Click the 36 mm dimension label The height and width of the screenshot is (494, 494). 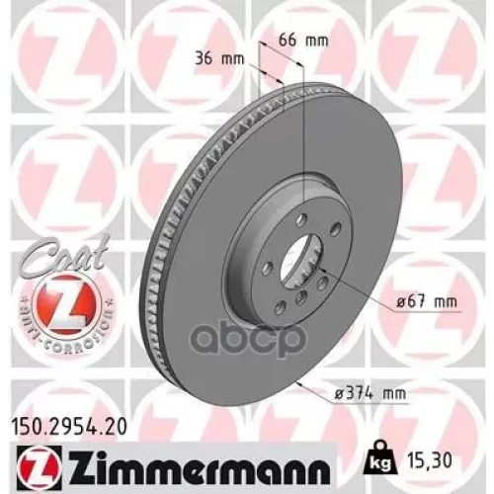(x=216, y=58)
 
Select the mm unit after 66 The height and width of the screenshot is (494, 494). (x=315, y=41)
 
